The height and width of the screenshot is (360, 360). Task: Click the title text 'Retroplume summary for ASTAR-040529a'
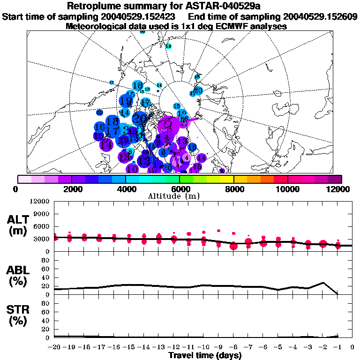180,6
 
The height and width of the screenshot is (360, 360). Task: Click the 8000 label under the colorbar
233,189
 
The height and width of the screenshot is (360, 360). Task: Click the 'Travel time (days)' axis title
205,356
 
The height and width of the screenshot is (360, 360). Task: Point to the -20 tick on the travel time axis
55,347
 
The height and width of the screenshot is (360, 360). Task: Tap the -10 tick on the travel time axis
203,347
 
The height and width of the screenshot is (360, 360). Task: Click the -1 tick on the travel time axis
337,347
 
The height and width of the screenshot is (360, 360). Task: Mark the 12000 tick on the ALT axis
40,202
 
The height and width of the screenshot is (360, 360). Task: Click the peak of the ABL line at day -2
323,283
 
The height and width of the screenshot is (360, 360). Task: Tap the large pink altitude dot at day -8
233,246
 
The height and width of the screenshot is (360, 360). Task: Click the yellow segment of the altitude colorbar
227,179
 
